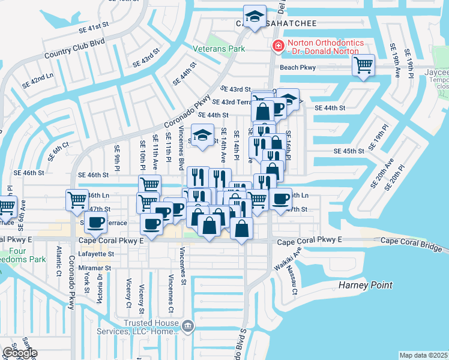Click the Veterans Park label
point(219,48)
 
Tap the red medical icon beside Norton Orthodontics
point(277,46)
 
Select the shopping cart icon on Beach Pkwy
point(364,65)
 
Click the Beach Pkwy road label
point(298,67)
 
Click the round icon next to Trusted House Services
point(188,326)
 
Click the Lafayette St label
point(95,254)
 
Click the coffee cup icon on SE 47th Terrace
point(95,222)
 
